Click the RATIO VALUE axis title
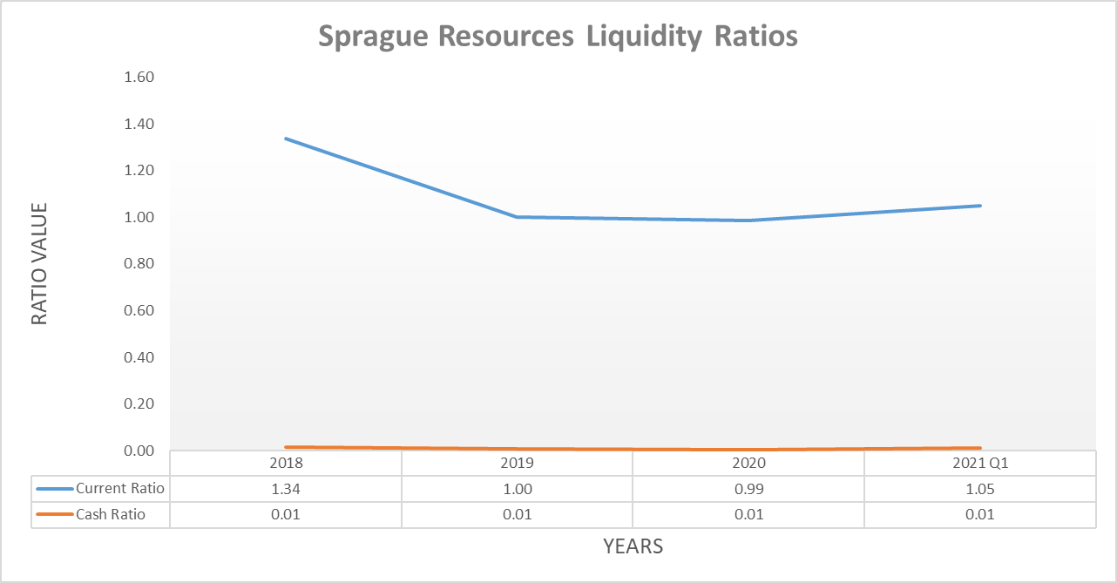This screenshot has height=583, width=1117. [39, 264]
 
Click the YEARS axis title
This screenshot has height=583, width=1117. [633, 547]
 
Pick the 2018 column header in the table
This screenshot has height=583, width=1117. [286, 464]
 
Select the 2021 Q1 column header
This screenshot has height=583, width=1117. [980, 464]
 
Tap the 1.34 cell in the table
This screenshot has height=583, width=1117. [286, 489]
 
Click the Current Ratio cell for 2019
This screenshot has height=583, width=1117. [518, 489]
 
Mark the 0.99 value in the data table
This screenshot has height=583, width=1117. [748, 489]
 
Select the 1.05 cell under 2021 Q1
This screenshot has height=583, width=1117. [980, 489]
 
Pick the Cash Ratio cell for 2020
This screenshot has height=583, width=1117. [748, 514]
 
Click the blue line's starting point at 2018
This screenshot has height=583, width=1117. [286, 138]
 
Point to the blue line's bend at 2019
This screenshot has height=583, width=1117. [518, 217]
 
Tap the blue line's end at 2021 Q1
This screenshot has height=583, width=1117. [980, 206]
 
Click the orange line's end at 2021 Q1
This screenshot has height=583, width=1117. [980, 448]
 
